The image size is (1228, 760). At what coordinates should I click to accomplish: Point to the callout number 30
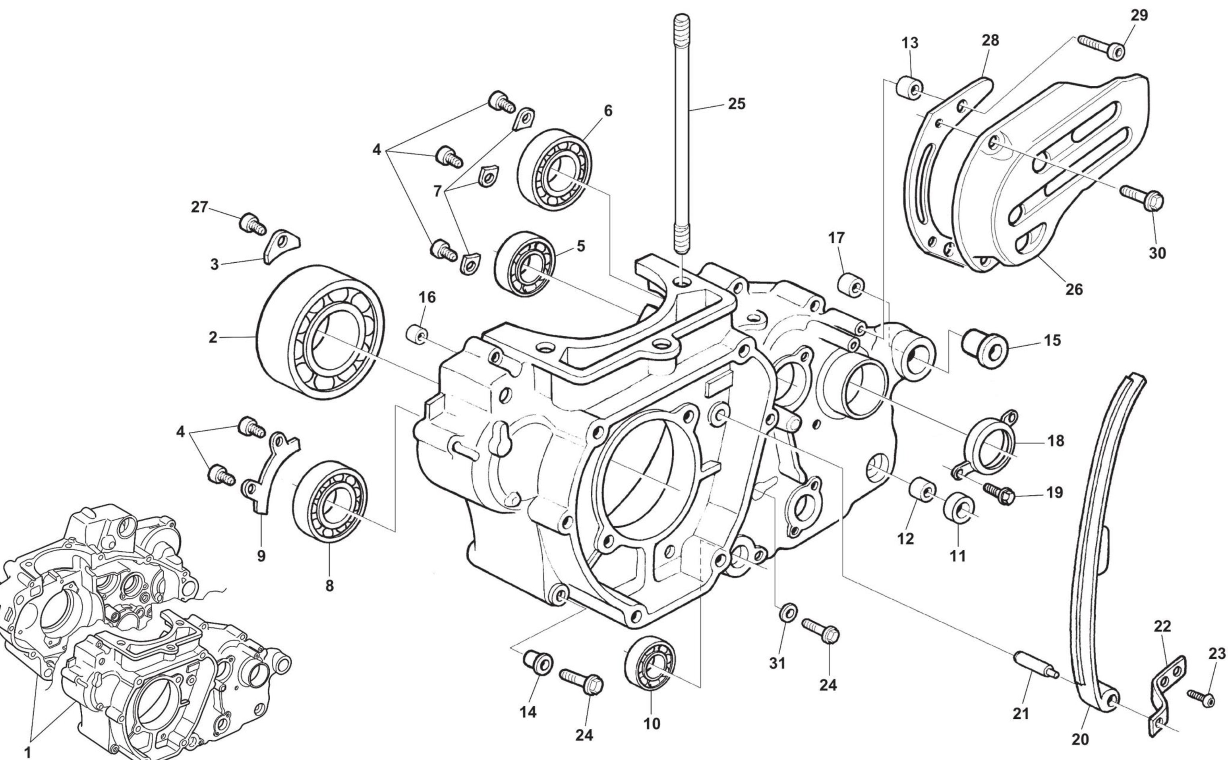tap(1157, 253)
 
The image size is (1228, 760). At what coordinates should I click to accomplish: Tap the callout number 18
tap(1056, 441)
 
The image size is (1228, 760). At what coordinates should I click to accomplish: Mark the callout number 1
tap(28, 752)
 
